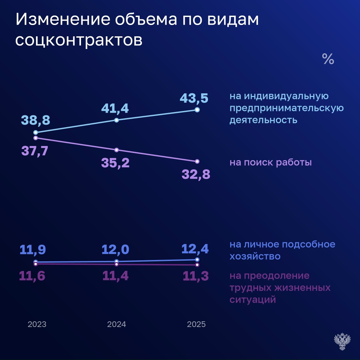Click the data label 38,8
(x=35, y=120)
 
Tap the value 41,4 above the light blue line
(x=116, y=108)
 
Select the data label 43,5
(x=194, y=98)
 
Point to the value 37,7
(x=35, y=151)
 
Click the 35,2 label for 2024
(x=116, y=163)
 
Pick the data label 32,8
(x=196, y=174)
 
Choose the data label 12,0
(x=116, y=249)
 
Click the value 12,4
(x=195, y=249)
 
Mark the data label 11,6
(x=33, y=276)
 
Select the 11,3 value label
(x=196, y=276)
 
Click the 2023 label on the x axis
(x=37, y=324)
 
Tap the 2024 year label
(x=117, y=324)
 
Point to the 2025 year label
(x=196, y=324)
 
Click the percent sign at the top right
(x=328, y=59)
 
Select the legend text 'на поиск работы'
(x=271, y=163)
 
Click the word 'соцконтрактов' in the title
(x=79, y=41)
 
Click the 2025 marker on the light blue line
(x=197, y=110)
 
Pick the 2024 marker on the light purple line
(x=116, y=150)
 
